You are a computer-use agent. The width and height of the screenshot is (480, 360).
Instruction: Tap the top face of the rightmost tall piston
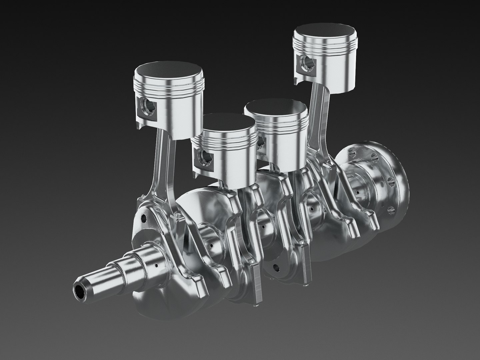coord(325,34)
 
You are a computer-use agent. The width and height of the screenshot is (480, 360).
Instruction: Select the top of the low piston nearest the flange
coord(275,107)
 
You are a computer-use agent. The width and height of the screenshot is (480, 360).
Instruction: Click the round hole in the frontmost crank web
coord(144,218)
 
